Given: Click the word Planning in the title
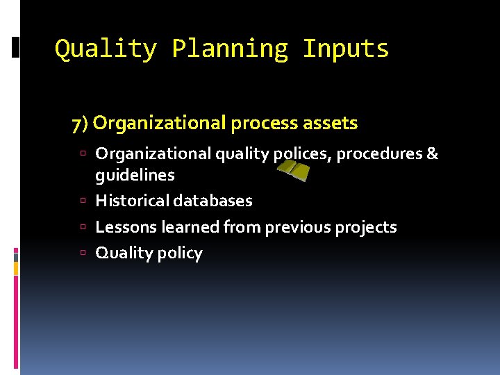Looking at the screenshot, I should (x=229, y=49).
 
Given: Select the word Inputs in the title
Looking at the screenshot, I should (x=346, y=49).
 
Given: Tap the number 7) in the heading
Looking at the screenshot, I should (x=80, y=124).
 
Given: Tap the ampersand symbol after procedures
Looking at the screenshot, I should (x=432, y=153).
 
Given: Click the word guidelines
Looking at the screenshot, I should (x=135, y=175).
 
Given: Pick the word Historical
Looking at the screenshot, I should (x=131, y=201).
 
